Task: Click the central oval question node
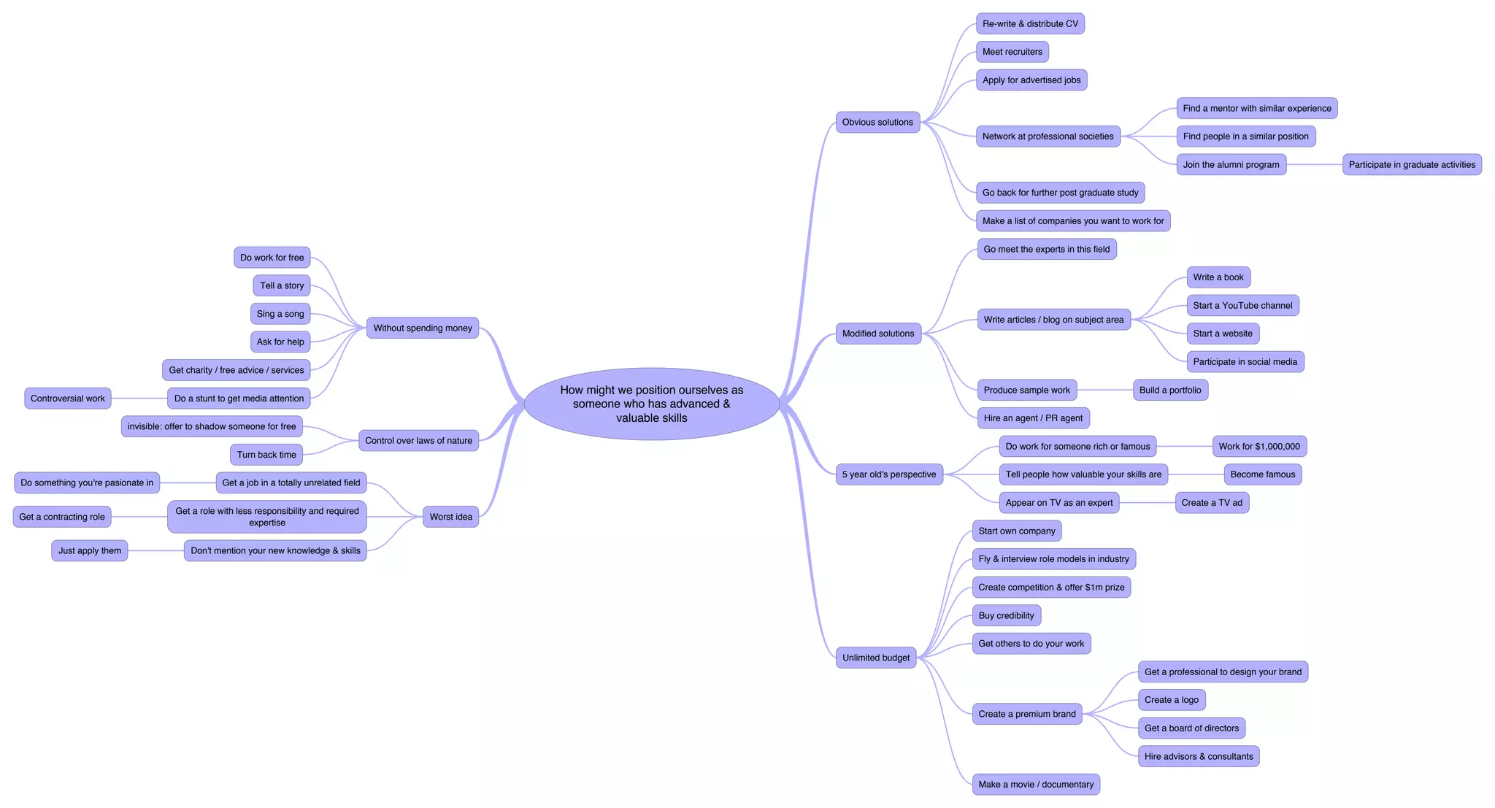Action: tap(651, 404)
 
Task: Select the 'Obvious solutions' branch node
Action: tap(877, 122)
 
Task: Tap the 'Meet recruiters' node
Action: tap(1012, 52)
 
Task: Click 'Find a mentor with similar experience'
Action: tap(1256, 108)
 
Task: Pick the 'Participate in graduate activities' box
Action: tap(1411, 164)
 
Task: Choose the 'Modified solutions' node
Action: tap(877, 334)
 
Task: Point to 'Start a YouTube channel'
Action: tap(1242, 305)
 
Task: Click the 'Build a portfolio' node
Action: tap(1169, 390)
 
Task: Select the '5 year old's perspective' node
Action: tap(888, 474)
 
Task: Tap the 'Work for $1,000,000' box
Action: tap(1258, 446)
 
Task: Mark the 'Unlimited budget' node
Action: tap(875, 658)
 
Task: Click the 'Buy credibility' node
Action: tap(1006, 615)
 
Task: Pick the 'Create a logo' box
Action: tap(1171, 700)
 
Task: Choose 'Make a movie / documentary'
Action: tap(1035, 785)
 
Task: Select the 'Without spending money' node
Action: tap(423, 328)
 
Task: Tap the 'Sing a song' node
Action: tap(280, 314)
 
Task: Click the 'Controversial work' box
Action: tap(68, 399)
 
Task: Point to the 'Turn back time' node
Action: tap(266, 455)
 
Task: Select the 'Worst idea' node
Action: tap(450, 517)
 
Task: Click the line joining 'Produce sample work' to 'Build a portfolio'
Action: tap(1104, 390)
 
